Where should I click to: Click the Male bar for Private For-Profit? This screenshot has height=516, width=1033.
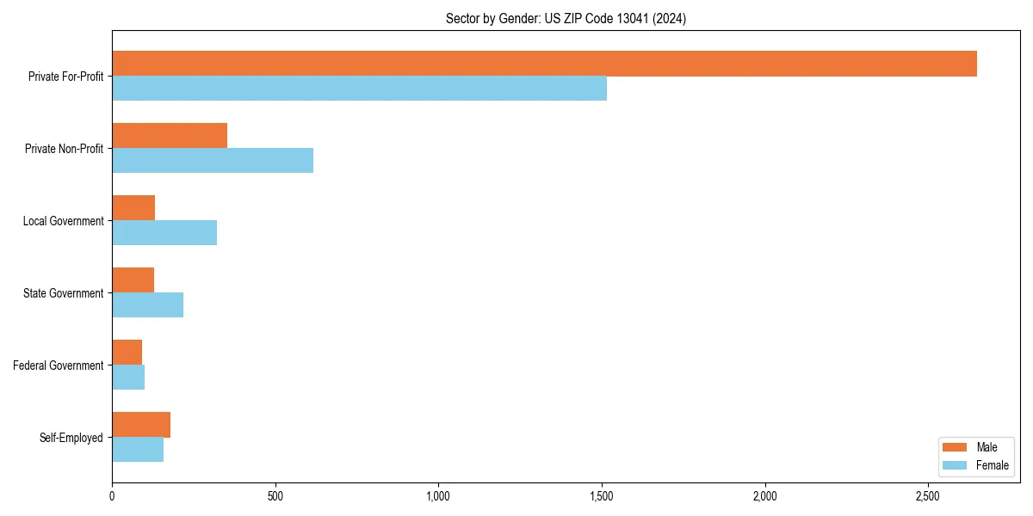tap(544, 64)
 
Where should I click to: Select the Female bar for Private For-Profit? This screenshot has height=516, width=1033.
tap(359, 89)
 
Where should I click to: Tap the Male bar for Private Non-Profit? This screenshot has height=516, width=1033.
tap(170, 136)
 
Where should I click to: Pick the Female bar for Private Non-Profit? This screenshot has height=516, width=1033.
tap(213, 161)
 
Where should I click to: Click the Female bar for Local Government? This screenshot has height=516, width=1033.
tap(164, 233)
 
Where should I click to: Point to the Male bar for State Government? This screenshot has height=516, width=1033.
tap(133, 280)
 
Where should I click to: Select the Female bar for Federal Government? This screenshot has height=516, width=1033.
tap(128, 378)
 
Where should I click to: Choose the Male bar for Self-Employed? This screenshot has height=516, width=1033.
tap(141, 425)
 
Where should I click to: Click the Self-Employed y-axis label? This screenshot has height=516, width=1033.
tap(71, 438)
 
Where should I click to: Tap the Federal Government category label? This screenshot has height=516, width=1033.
tap(59, 365)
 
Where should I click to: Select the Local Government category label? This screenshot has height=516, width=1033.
tap(63, 221)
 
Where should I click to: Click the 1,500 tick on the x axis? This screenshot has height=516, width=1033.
tap(602, 496)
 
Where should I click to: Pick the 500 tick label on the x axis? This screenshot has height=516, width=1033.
tap(275, 496)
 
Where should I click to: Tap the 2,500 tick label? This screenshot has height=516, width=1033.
tap(928, 496)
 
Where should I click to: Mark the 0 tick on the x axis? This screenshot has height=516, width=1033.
tap(112, 496)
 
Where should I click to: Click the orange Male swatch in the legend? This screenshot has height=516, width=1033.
tap(955, 447)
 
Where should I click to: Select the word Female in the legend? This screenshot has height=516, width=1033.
tap(993, 465)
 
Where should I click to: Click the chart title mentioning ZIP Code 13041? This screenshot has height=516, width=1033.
tap(566, 18)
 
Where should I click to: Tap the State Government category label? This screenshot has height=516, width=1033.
tap(64, 293)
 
